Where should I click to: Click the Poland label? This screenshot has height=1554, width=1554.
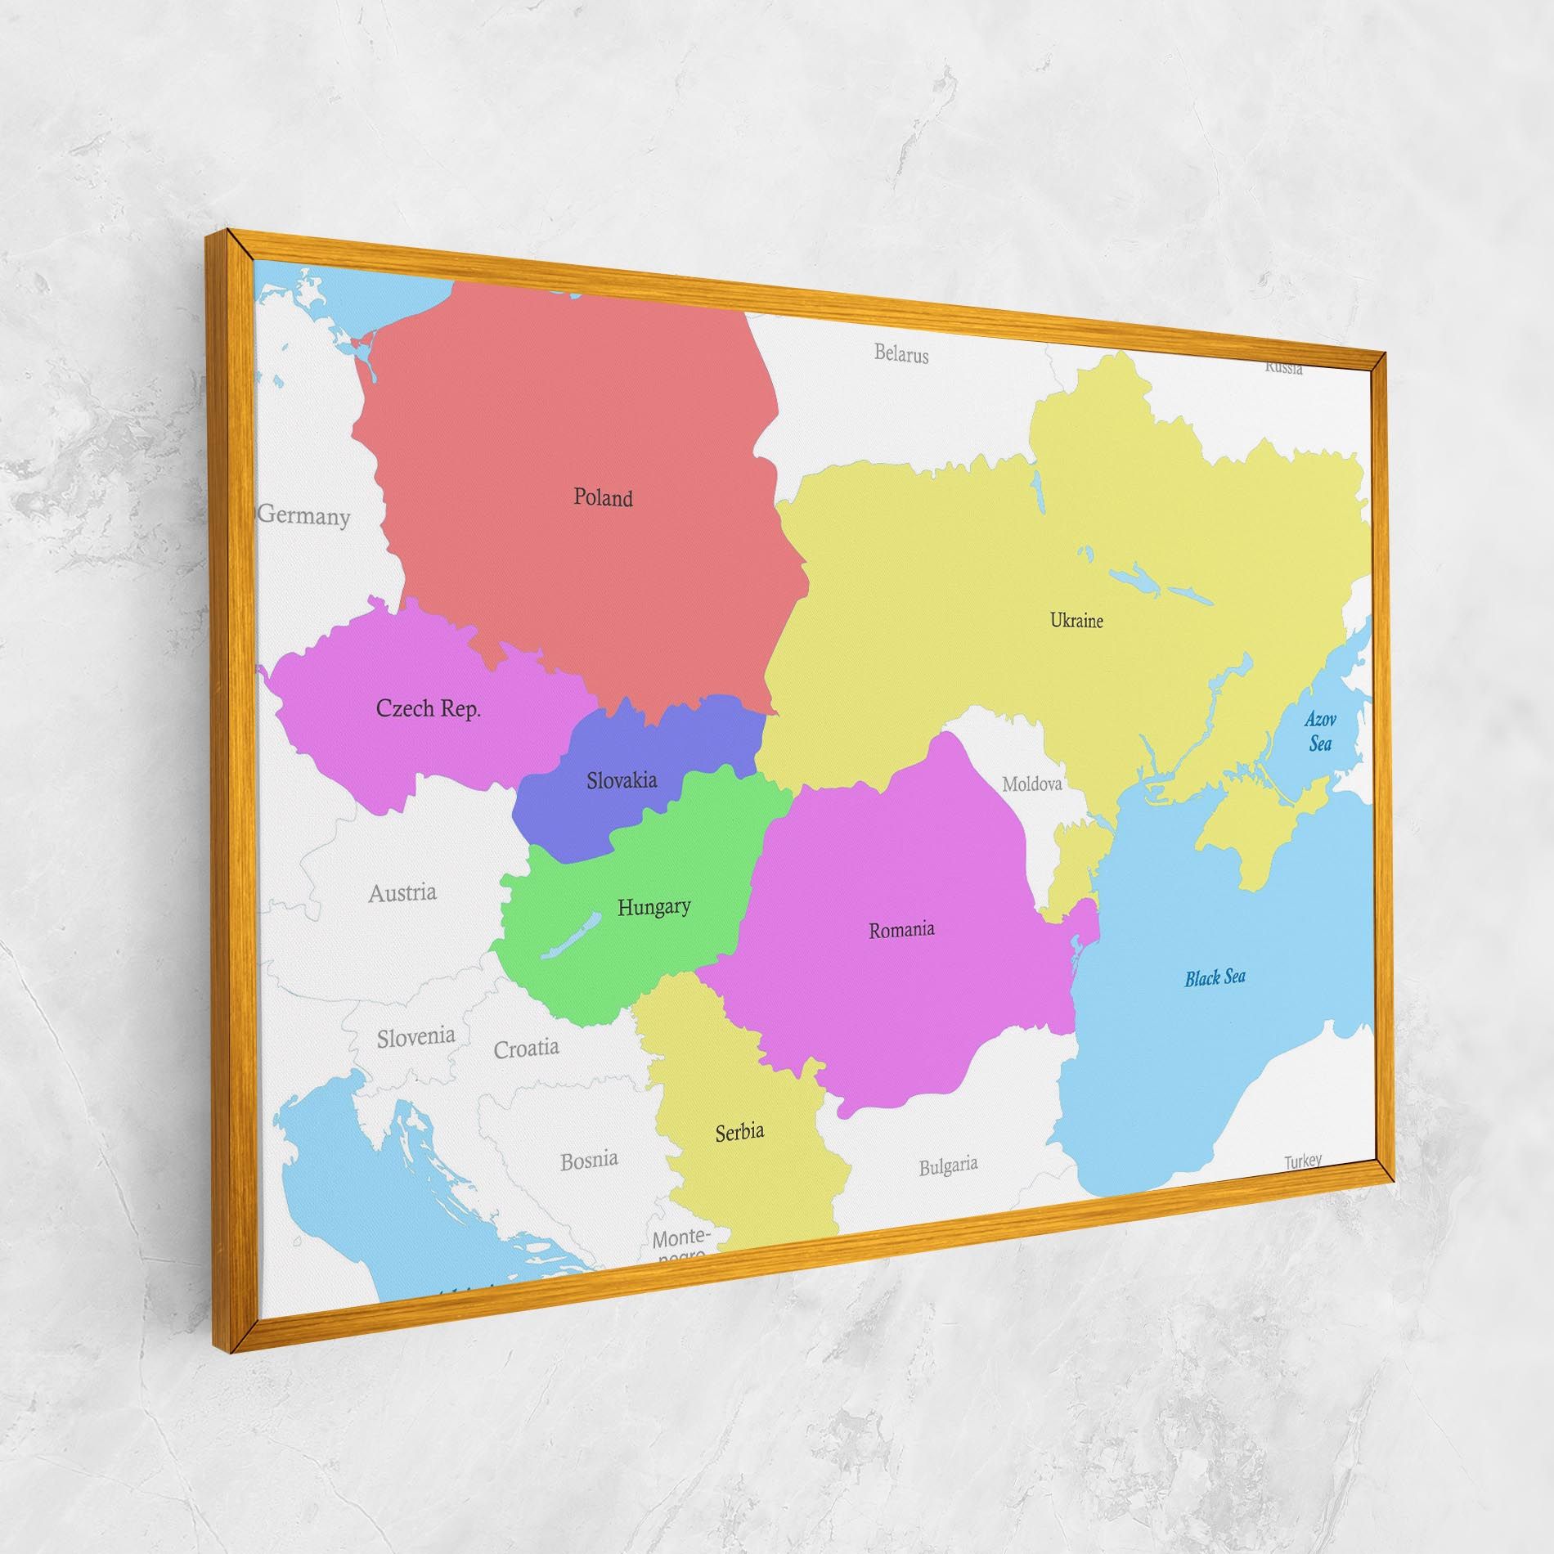click(603, 497)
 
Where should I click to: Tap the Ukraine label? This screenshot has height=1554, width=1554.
click(1076, 621)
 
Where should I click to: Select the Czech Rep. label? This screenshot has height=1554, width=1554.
click(428, 708)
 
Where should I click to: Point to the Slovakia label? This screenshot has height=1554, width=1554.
click(622, 780)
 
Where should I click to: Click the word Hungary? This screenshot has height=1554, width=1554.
click(653, 906)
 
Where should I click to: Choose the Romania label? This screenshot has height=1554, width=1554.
click(901, 930)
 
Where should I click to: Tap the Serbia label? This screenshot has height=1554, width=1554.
click(739, 1132)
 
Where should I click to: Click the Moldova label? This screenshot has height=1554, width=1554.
click(1032, 784)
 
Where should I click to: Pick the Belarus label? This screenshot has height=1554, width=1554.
click(901, 354)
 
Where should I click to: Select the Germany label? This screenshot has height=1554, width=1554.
click(304, 515)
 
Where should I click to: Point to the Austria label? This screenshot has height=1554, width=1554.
click(402, 892)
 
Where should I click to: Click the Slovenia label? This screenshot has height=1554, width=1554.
click(415, 1037)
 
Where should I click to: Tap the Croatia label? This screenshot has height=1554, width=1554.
click(526, 1049)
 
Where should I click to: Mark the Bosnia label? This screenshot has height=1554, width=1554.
click(589, 1160)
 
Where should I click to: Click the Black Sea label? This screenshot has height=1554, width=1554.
click(1215, 978)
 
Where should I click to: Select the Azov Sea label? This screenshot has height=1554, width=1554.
click(1320, 731)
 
